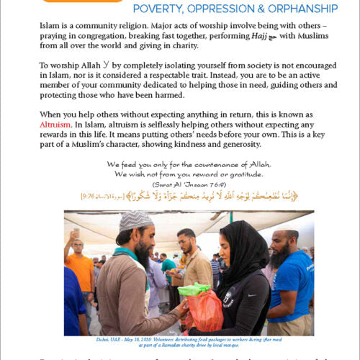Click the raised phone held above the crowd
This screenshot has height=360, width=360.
[x=77, y=233]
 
